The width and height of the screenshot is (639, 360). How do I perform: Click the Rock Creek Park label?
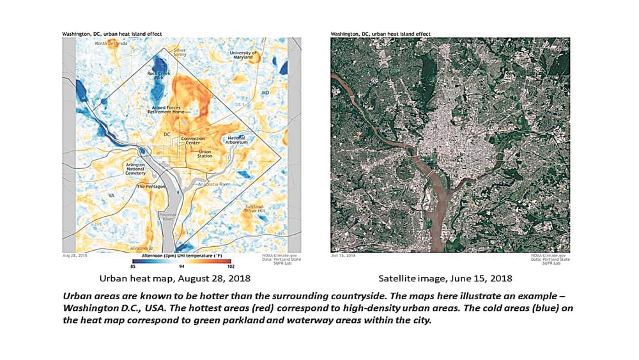pos(158,76)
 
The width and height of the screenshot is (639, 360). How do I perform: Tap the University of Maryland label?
pos(243,56)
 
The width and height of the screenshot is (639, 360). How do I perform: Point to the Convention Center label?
pos(192,141)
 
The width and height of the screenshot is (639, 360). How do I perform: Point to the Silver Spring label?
pos(180,51)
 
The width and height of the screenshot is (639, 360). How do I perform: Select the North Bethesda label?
pos(110,43)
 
